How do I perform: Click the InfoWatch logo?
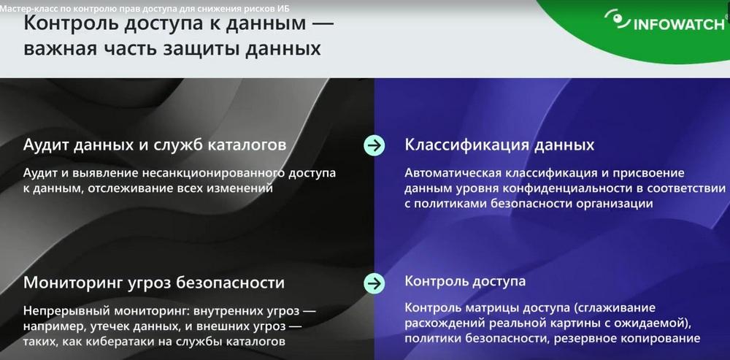665,20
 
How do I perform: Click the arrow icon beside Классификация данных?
374,146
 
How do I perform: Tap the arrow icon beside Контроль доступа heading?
374,283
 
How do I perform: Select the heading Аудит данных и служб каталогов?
155,145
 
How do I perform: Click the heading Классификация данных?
499,145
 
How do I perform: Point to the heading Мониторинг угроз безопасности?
153,283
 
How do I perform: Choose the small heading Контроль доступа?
465,281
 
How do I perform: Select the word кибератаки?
143,342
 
